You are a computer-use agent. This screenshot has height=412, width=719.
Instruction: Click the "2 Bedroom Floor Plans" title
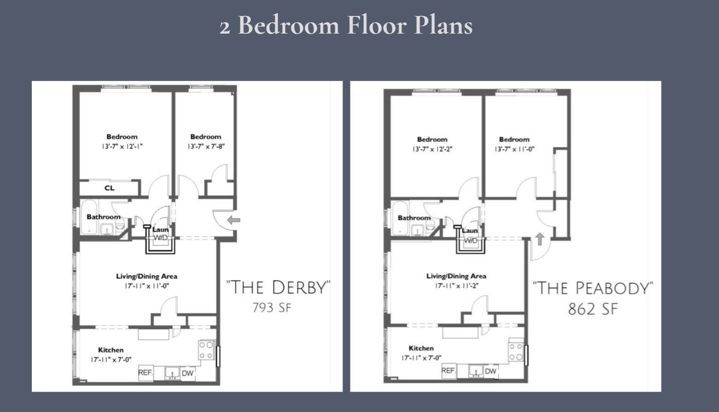pyautogui.click(x=346, y=25)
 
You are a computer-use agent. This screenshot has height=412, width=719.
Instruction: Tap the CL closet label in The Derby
pyautogui.click(x=110, y=188)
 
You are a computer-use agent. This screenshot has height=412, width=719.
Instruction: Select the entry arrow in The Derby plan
pyautogui.click(x=234, y=220)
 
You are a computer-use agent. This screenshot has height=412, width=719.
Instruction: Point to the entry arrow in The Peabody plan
pyautogui.click(x=540, y=239)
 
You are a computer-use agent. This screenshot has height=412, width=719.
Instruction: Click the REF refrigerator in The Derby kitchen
pyautogui.click(x=146, y=373)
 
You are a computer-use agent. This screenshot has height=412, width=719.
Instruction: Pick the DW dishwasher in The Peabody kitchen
pyautogui.click(x=491, y=371)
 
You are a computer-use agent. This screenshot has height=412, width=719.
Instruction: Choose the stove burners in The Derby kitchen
pyautogui.click(x=206, y=350)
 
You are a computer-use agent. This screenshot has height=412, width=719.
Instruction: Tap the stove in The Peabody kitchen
pyautogui.click(x=516, y=352)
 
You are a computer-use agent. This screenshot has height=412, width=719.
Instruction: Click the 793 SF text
pyautogui.click(x=272, y=308)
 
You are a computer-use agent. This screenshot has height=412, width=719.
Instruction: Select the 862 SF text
pyautogui.click(x=593, y=309)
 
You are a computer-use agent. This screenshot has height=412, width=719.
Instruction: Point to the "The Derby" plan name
pyautogui.click(x=278, y=287)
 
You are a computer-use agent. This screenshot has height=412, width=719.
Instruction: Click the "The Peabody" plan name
pyautogui.click(x=593, y=288)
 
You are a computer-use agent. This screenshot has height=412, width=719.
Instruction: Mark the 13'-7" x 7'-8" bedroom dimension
pyautogui.click(x=206, y=146)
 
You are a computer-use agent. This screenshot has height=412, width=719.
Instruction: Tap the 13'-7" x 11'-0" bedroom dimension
pyautogui.click(x=514, y=149)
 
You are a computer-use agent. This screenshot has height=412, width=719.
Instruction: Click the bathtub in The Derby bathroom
pyautogui.click(x=89, y=217)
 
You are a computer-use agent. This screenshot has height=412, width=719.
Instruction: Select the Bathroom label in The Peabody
pyautogui.click(x=414, y=218)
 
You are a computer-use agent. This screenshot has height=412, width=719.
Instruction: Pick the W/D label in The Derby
pyautogui.click(x=161, y=238)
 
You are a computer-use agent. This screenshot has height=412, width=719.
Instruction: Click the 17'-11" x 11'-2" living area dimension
pyautogui.click(x=457, y=285)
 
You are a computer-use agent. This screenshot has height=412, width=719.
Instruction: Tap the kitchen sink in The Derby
pyautogui.click(x=172, y=373)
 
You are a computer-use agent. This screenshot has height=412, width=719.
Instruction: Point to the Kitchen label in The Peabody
pyautogui.click(x=421, y=348)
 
